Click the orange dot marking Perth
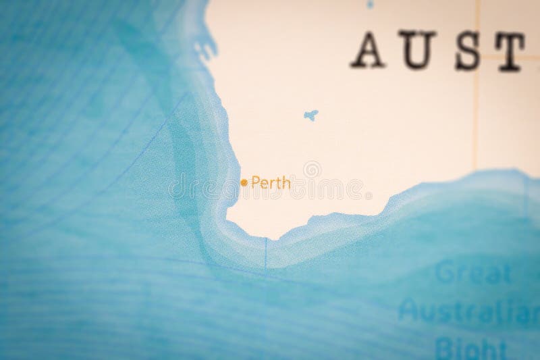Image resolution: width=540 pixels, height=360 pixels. click(x=244, y=182)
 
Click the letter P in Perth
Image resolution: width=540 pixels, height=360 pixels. click(x=254, y=182)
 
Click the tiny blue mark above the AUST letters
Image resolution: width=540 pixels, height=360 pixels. click(x=369, y=5)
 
